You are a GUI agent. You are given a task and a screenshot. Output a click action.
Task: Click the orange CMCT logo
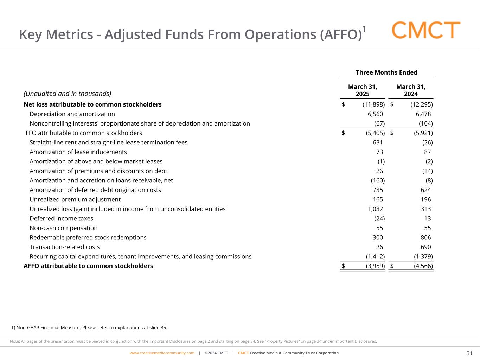(426, 30)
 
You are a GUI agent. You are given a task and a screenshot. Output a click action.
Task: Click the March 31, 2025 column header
(363, 90)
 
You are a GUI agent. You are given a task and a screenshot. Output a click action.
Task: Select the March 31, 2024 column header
(411, 90)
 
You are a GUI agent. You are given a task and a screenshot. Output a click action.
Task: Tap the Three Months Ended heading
(386, 72)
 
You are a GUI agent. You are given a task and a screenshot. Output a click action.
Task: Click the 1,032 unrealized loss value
(375, 209)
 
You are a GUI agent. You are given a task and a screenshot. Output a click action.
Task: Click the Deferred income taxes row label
(62, 218)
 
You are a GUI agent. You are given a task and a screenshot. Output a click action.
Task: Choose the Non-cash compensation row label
(64, 228)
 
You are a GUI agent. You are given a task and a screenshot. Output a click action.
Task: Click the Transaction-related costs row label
(65, 247)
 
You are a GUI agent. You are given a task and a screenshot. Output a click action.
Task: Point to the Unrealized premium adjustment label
(75, 199)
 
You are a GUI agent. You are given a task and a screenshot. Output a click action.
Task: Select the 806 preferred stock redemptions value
(425, 237)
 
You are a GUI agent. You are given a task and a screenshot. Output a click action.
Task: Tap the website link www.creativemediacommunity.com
(162, 353)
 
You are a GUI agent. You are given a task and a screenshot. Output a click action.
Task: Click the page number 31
(469, 353)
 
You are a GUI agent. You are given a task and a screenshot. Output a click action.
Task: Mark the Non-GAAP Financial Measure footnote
(89, 328)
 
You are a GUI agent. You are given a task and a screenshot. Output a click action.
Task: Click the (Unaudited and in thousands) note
(67, 94)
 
